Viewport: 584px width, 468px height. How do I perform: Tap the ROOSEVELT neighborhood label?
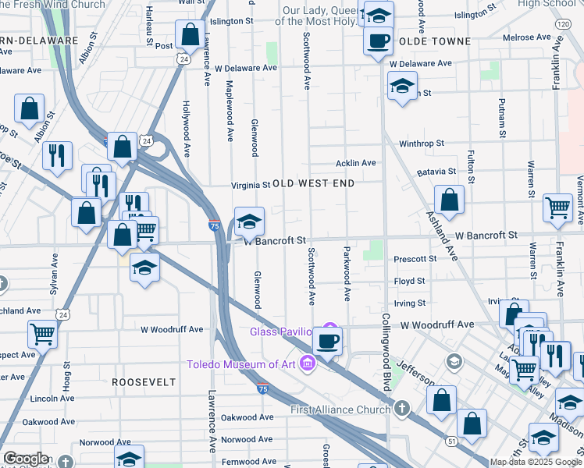(143, 382)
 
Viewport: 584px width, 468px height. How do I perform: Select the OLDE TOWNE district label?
(434, 41)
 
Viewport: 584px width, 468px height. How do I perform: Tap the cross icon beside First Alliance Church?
(401, 408)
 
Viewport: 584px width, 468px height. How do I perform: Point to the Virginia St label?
(250, 185)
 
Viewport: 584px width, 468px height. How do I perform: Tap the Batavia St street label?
(436, 171)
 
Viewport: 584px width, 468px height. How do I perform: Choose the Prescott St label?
(415, 258)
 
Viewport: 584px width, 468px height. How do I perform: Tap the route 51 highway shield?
(451, 441)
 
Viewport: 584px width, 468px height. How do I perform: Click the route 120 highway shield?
(563, 25)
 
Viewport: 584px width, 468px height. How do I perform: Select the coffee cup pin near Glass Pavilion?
(328, 340)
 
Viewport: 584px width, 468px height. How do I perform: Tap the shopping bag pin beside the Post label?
(190, 34)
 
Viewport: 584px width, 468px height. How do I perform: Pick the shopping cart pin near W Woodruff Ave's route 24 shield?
(42, 334)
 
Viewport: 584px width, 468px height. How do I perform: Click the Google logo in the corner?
(26, 459)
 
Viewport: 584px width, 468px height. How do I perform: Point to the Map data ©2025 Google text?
(536, 462)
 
